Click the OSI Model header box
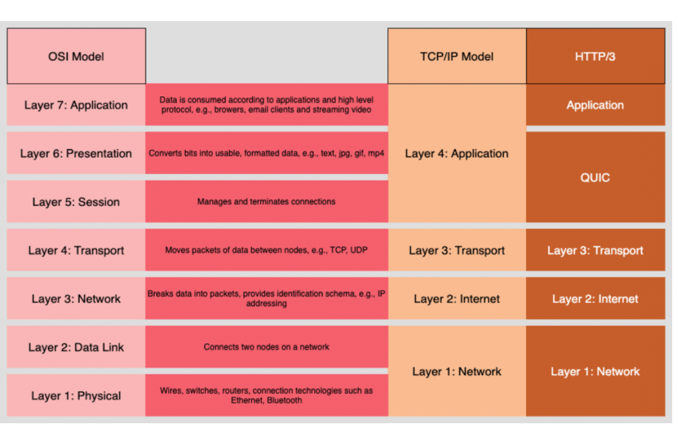[76, 56]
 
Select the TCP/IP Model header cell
[457, 56]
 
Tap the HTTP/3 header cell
[596, 56]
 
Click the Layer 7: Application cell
[76, 105]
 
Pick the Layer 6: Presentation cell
[76, 153]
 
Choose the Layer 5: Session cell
[76, 202]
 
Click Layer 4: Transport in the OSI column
[76, 250]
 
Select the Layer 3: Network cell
[76, 298]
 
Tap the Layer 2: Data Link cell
[76, 347]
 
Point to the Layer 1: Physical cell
[76, 395]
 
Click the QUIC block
[596, 178]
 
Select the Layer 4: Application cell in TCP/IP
[457, 153]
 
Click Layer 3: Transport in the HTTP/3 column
[596, 250]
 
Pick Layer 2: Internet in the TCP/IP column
[457, 298]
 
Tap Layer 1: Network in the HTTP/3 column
[596, 371]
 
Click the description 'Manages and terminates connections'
[266, 202]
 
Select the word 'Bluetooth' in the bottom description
[285, 401]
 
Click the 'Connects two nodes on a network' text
[266, 347]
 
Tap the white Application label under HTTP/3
[595, 106]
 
